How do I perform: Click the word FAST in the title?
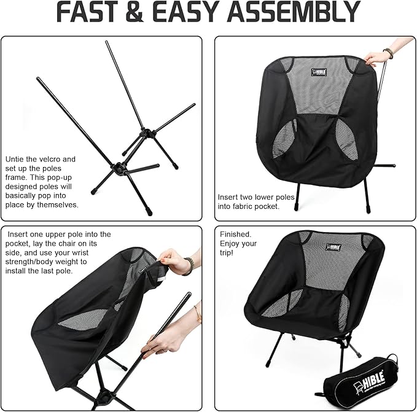87,12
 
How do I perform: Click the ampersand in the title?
135,12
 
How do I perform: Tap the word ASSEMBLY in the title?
294,12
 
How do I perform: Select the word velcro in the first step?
50,159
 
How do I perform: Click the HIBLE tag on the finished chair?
333,247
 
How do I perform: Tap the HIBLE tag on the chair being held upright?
319,72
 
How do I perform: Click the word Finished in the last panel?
235,234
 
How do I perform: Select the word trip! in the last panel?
227,252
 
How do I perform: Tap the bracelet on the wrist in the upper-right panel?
388,53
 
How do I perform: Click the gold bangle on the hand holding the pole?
198,314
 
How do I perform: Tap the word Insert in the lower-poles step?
228,197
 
